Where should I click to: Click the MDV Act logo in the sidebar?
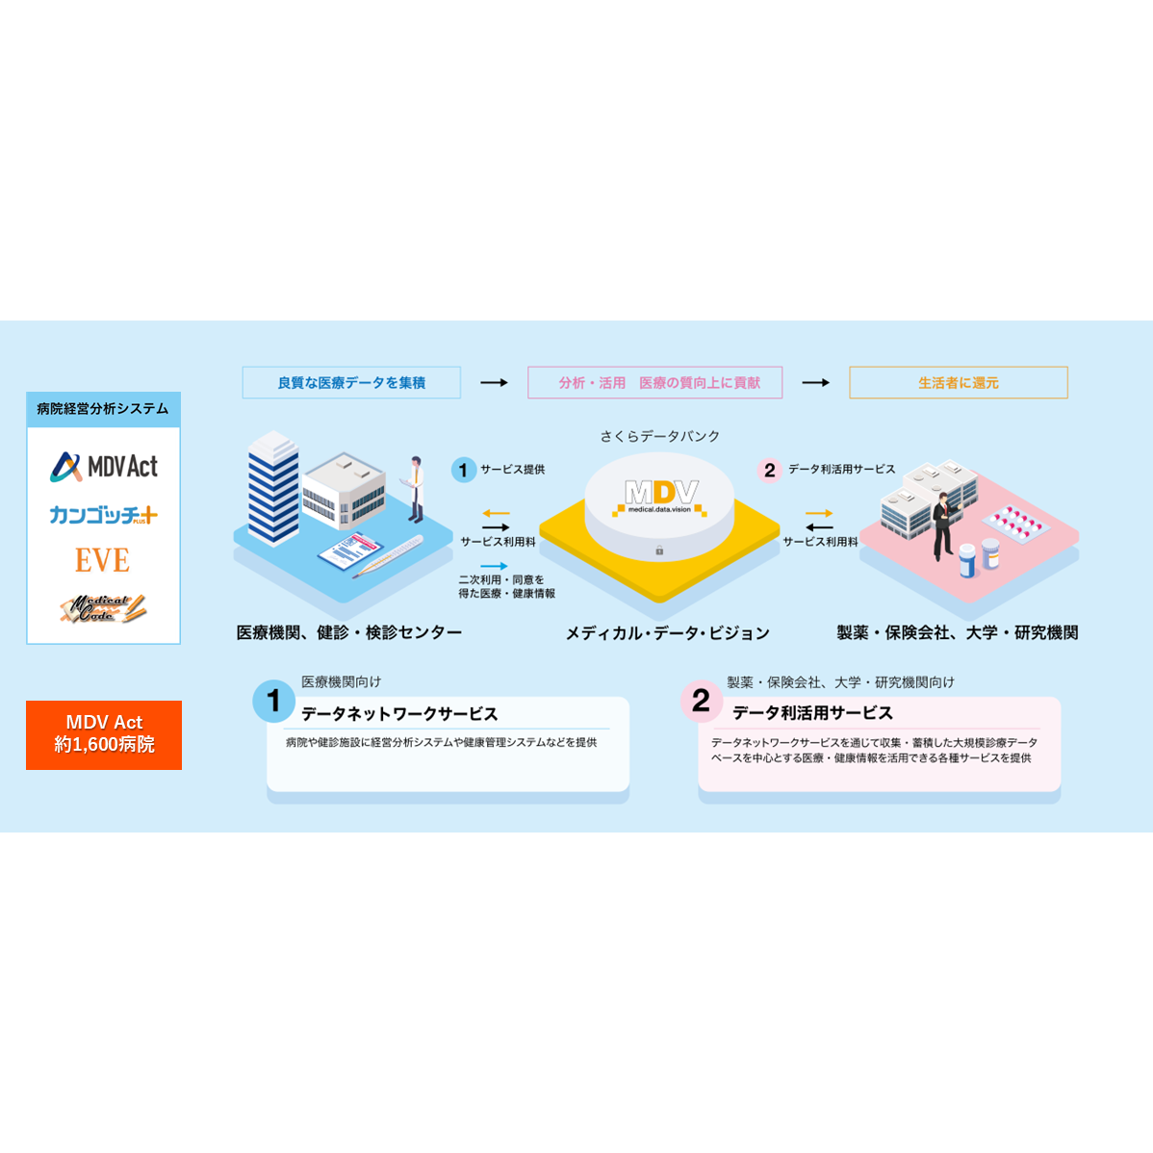[104, 467]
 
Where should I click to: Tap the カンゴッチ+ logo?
[104, 515]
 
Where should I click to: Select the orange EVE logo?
[102, 560]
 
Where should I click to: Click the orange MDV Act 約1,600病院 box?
[104, 734]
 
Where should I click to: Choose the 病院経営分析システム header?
[104, 409]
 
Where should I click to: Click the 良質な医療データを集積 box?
[351, 382]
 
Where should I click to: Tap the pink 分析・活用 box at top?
[654, 382]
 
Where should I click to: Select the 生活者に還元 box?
[959, 382]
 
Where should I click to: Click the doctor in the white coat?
[416, 489]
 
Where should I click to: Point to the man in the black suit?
[942, 525]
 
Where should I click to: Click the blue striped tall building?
[272, 489]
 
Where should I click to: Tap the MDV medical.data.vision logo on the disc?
[659, 497]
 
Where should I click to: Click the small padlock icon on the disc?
[659, 550]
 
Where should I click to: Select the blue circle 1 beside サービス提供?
[463, 470]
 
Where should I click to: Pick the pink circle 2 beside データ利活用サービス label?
[769, 470]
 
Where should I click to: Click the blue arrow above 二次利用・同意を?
[494, 566]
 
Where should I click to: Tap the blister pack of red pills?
[1015, 522]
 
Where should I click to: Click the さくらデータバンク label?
[659, 436]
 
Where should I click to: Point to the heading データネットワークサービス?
[399, 714]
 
